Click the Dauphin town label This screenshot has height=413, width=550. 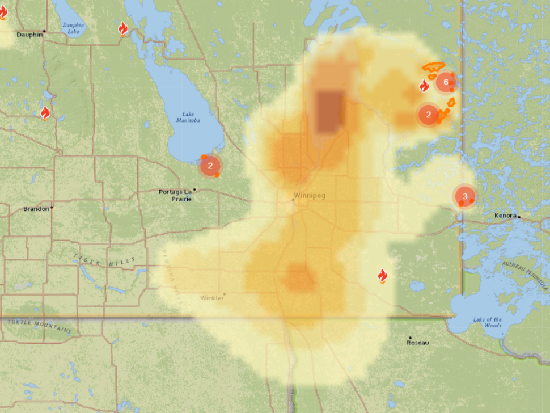pos(29,35)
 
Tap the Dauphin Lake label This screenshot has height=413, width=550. pos(73,28)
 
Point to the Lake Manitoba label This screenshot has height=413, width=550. pos(188,117)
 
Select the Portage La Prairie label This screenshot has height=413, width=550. pos(175,195)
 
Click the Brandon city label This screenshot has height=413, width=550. pos(36,209)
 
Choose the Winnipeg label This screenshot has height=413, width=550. pos(310,196)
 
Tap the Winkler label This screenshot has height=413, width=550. pos(212,298)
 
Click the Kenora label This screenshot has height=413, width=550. pos(505,216)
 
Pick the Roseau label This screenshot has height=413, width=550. pos(418,343)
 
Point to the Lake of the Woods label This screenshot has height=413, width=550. pos(487,322)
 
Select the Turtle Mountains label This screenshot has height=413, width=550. pos(40,326)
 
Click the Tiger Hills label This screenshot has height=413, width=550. pos(104,262)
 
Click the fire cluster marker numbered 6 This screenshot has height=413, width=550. pos(446,83)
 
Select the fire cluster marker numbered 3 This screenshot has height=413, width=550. pos(465,197)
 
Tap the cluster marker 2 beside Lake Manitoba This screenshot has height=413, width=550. pos(210,166)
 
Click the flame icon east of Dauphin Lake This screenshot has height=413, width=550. pos(123,28)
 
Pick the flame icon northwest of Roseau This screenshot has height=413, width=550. pos(383,276)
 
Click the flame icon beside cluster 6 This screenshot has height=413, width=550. pos(424,86)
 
